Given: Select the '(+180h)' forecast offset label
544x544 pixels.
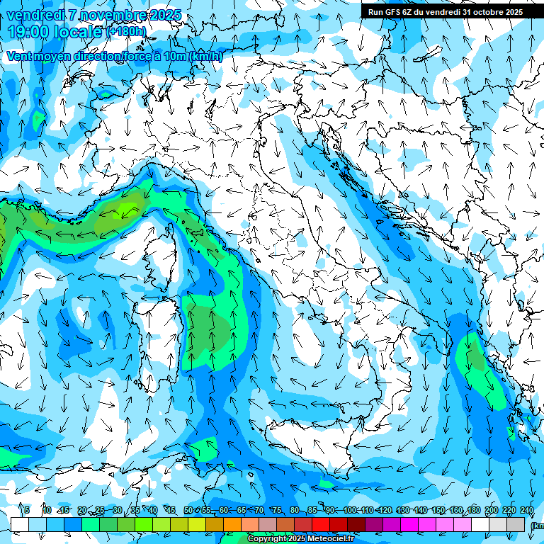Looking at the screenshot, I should [x=127, y=31].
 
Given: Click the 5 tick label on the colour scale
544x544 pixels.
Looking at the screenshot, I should [x=27, y=511].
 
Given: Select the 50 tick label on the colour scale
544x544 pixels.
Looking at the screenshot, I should [x=188, y=511].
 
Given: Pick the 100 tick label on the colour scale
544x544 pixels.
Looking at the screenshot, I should [x=350, y=511].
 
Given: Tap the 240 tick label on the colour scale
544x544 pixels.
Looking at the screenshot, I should [x=526, y=511].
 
